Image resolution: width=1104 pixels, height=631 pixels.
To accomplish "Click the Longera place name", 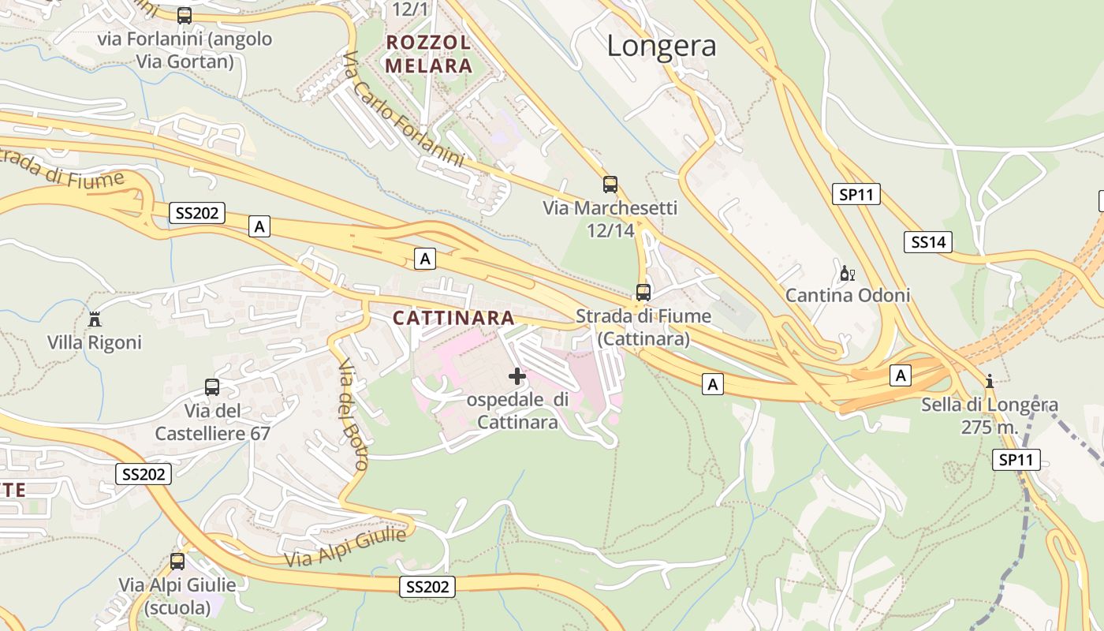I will (x=661, y=46).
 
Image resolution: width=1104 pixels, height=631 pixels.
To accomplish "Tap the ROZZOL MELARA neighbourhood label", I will (x=429, y=54).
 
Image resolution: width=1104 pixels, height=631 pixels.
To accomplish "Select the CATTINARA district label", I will (x=453, y=318).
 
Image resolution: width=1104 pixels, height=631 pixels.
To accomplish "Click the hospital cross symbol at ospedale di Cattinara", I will (x=517, y=376).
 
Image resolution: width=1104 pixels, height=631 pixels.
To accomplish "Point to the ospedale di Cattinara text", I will (x=517, y=410).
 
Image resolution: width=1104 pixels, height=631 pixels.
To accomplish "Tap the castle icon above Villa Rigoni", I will (x=95, y=319).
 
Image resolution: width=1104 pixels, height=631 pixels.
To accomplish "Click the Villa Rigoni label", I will (x=95, y=342).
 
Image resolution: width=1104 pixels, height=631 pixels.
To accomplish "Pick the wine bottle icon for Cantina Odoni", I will (x=847, y=274).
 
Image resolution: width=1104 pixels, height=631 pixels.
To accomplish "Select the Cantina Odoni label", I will (x=848, y=296).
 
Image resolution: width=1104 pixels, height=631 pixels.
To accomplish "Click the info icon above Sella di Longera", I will (x=990, y=382).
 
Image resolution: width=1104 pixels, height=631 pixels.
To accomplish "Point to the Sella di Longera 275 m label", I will (x=990, y=416).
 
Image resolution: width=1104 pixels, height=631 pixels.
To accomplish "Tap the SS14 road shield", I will (x=928, y=242).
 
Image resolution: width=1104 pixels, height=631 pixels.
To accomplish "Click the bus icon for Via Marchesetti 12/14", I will (x=610, y=185).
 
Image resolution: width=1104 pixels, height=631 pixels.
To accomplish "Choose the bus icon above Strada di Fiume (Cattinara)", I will (x=643, y=293).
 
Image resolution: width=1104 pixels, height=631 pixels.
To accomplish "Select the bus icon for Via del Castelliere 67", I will (x=212, y=387).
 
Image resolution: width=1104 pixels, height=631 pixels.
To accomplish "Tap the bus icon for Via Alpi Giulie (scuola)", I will (x=177, y=562).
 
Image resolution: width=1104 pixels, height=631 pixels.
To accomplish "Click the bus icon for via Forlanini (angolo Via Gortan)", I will (x=185, y=15).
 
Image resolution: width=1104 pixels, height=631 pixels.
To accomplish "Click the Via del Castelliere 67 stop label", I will (x=212, y=422).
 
